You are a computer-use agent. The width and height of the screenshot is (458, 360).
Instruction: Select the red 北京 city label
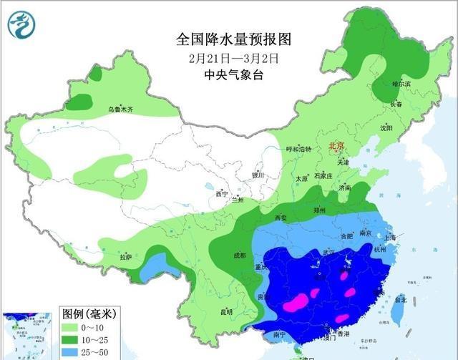(x=336, y=146)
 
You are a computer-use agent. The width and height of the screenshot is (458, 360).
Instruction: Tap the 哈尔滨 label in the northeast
(x=401, y=84)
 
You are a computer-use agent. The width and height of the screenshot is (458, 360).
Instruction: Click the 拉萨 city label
(x=126, y=257)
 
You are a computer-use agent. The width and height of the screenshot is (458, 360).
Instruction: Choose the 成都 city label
(x=239, y=255)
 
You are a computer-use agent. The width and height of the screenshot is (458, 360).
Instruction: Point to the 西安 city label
(x=280, y=217)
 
